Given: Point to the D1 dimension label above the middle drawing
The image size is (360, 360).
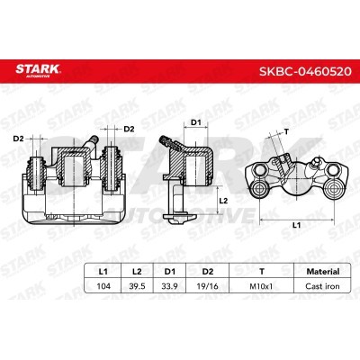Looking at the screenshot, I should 194,122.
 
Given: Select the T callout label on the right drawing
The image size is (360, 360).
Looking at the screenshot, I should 286,130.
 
